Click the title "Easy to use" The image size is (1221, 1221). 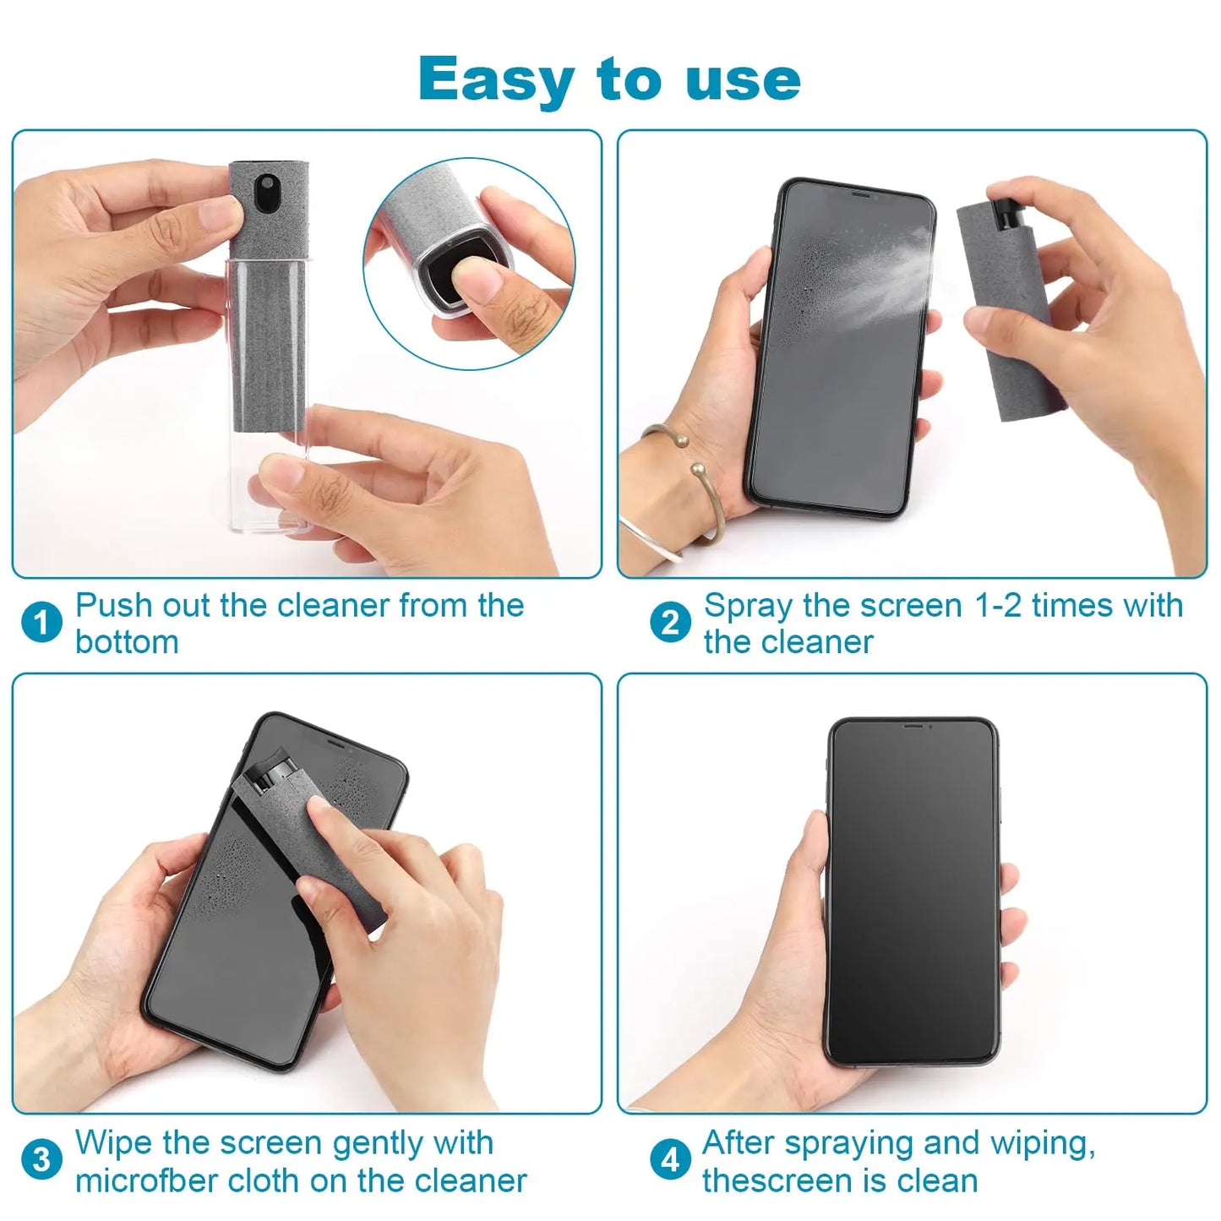click(609, 79)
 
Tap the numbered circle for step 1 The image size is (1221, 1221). click(41, 624)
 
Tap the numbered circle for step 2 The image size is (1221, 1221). click(670, 624)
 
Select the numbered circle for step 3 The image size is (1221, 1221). click(41, 1160)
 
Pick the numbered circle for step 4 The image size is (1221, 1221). click(670, 1160)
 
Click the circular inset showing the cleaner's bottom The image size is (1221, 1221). click(470, 264)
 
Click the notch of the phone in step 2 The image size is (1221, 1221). click(860, 194)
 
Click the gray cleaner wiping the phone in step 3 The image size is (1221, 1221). click(321, 845)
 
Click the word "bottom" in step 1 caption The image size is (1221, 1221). click(127, 642)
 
